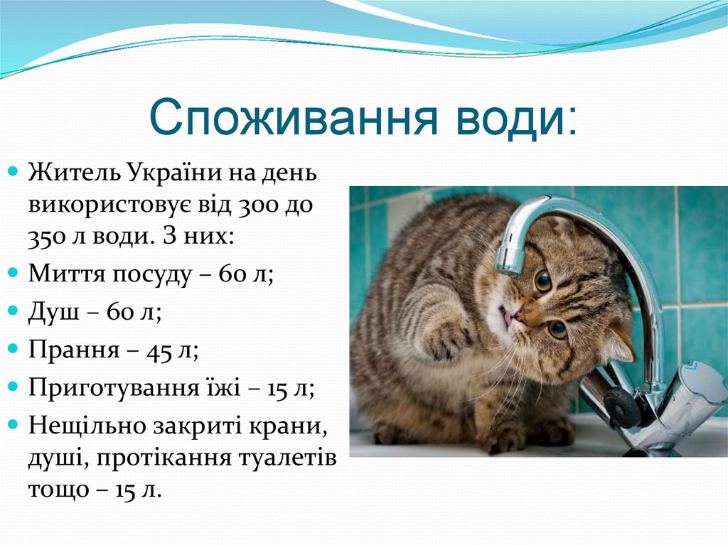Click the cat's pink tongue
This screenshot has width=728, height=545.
click(507, 316)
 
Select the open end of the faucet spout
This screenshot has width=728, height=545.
click(509, 267)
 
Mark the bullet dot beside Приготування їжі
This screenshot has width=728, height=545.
click(14, 387)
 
